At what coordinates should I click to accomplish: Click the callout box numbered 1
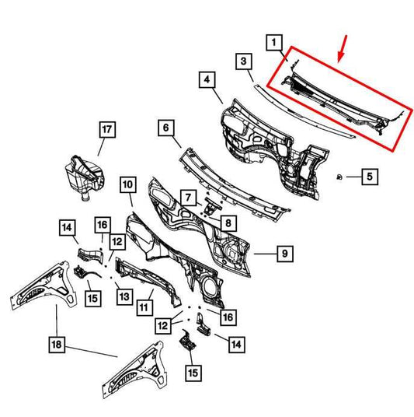tap(274, 42)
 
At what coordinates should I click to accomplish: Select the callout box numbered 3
tap(244, 61)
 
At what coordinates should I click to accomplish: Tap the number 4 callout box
tap(207, 79)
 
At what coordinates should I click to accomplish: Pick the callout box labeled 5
tap(370, 177)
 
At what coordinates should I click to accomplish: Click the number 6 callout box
tap(166, 128)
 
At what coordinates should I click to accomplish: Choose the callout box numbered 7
tap(188, 198)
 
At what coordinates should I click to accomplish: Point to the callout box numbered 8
tap(228, 223)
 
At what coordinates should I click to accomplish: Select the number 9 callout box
tap(285, 254)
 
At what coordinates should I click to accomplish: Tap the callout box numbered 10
tap(128, 184)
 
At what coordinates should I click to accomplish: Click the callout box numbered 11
tap(144, 307)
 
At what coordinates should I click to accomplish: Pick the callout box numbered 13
tap(124, 296)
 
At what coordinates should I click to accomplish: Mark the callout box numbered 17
tap(107, 129)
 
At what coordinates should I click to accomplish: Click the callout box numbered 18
tap(57, 345)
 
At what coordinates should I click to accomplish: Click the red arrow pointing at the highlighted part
tap(342, 49)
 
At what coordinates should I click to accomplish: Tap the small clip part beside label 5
tap(339, 177)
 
